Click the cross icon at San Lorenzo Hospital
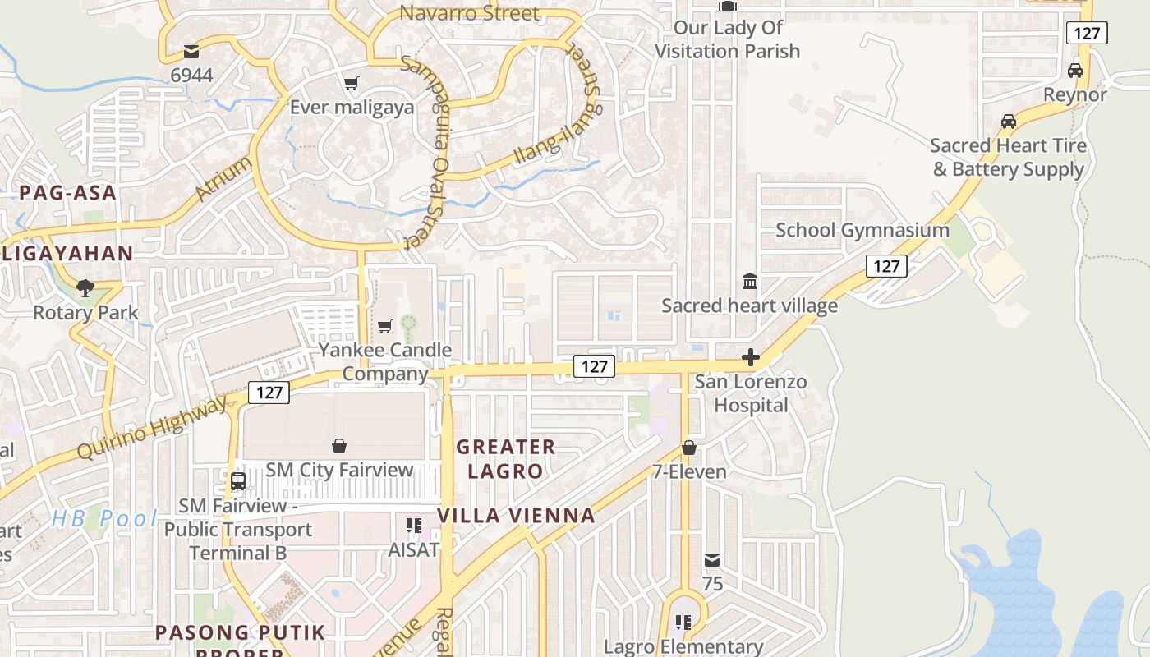pos(750,358)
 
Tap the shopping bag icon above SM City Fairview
pos(339,446)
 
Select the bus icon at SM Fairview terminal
pos(238,481)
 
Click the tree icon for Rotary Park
pos(85,288)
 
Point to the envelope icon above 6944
pos(191,52)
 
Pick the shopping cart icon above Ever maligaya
pos(352,83)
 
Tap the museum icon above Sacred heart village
pos(750,282)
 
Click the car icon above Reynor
pos(1075,71)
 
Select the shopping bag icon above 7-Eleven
pos(689,448)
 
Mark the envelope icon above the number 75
pos(712,560)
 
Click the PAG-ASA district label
pos(68,193)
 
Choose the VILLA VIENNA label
pos(516,516)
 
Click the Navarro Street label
pos(469,13)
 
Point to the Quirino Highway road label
pos(152,428)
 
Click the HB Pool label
pos(104,518)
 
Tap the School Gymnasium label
pos(862,230)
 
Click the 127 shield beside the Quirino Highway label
pos(269,393)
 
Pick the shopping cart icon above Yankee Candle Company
pos(384,327)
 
